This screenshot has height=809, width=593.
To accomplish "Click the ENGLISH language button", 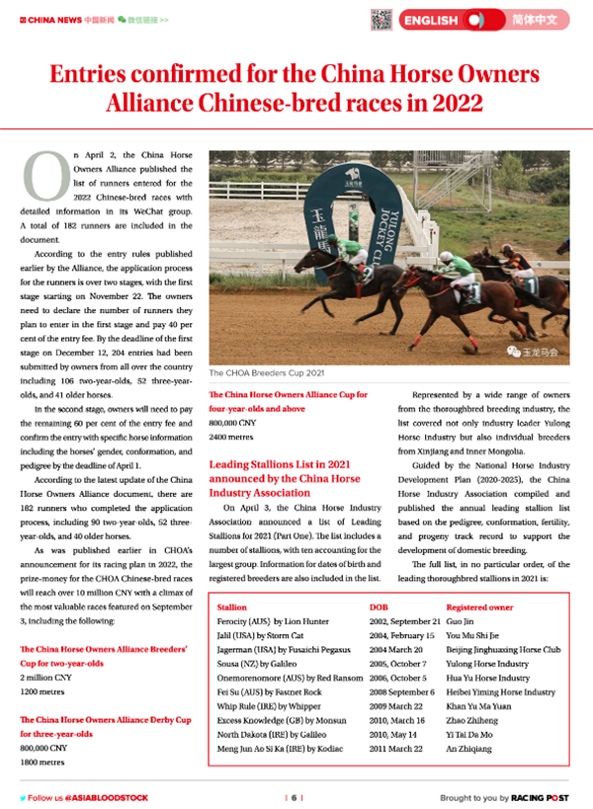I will click(x=431, y=20).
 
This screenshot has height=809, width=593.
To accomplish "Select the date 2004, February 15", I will click(x=402, y=636).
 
